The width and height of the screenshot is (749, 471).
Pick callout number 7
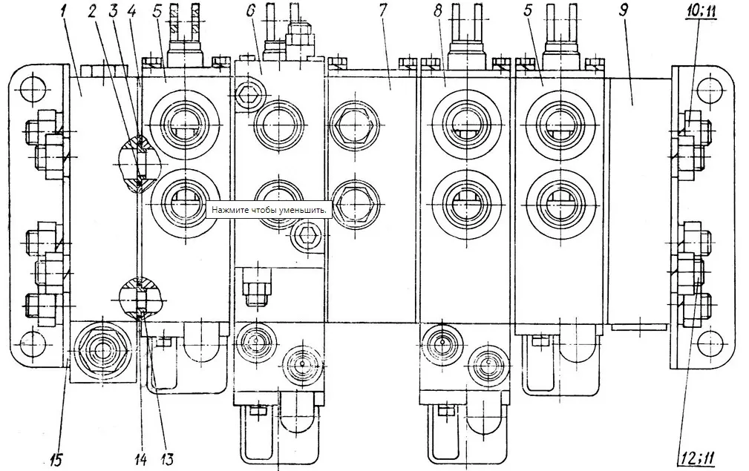tap(383, 13)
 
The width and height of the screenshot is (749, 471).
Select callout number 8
tap(437, 13)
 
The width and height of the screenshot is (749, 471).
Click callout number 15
tap(55, 459)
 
